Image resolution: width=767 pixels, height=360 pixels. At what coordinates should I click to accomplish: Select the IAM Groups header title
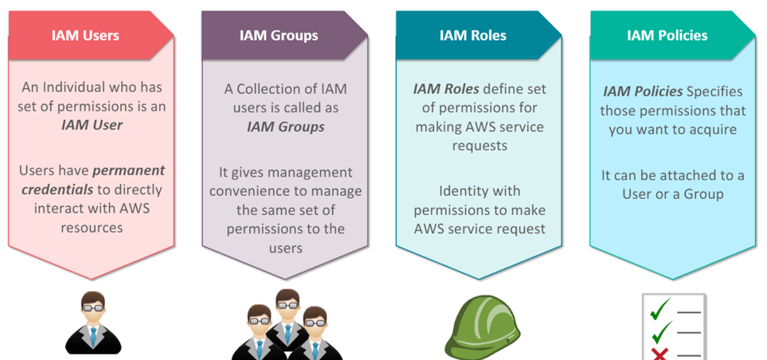(279, 35)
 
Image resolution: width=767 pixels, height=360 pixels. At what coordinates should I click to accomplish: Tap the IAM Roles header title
(472, 35)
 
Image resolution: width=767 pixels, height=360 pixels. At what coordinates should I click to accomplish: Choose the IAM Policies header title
(667, 35)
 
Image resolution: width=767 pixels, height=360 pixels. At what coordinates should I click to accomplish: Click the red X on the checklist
(659, 353)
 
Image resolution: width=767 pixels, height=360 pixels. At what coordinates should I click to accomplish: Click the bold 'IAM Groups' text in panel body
(284, 126)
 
